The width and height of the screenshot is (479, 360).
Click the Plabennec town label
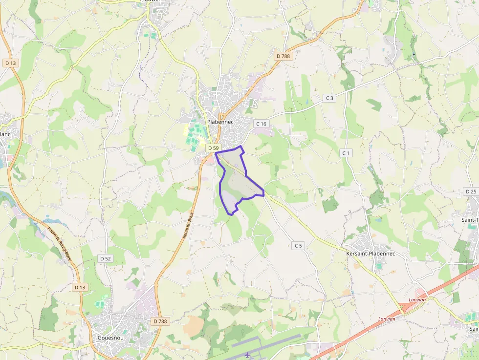(220, 122)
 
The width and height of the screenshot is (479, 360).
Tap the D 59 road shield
(213, 148)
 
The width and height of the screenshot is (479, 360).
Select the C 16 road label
(261, 124)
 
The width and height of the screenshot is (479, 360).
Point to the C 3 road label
(330, 98)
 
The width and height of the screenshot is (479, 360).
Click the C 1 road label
(347, 153)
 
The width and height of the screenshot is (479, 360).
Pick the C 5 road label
(299, 246)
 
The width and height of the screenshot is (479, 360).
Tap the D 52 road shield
(106, 258)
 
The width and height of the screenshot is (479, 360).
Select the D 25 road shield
(471, 191)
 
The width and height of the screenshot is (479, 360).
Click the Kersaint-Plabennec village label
(370, 254)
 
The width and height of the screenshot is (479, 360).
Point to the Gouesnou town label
(106, 338)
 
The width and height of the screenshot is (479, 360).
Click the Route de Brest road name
(188, 225)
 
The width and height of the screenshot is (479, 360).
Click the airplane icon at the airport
(248, 354)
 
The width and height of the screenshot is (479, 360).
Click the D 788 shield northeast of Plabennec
(283, 56)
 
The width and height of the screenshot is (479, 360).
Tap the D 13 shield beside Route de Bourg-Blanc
(80, 287)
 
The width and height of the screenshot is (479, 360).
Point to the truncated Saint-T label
(470, 220)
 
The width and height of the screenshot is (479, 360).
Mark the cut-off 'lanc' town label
(5, 133)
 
